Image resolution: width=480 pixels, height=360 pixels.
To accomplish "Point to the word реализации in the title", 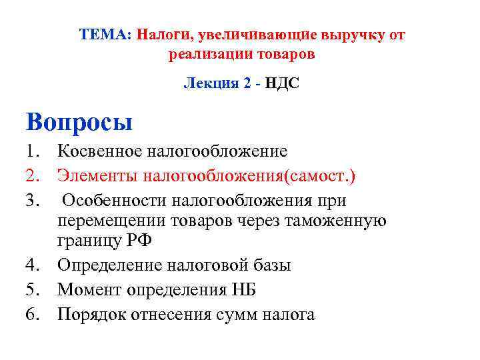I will coord(204,55).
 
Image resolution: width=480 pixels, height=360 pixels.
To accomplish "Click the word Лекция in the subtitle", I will coord(207,85).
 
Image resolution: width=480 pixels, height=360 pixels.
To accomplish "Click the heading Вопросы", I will coord(79,123).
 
